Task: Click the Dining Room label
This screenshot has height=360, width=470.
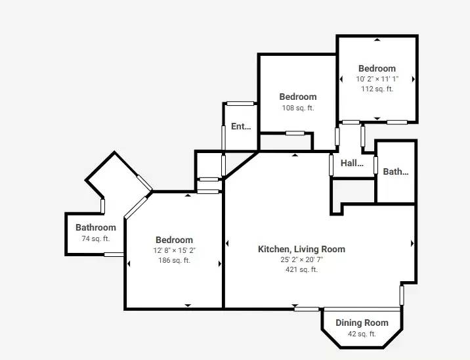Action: click(362, 323)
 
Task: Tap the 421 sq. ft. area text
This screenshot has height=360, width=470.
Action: click(301, 269)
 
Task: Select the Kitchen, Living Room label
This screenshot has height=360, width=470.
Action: click(301, 249)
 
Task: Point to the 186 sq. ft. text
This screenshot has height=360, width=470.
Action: click(174, 260)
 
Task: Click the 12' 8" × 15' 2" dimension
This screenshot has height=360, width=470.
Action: click(175, 250)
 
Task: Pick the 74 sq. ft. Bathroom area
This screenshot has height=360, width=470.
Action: click(96, 239)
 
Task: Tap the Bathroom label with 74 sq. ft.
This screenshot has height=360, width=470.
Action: click(96, 227)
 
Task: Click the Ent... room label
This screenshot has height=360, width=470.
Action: click(241, 126)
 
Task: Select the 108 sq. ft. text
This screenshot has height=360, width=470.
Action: click(298, 108)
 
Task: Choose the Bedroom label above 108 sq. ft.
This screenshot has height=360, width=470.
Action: click(298, 97)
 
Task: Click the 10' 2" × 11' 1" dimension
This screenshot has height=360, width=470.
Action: click(377, 79)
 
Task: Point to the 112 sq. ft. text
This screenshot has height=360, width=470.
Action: click(377, 89)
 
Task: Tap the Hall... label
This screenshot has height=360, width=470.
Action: click(352, 163)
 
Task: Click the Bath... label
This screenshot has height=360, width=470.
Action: click(396, 171)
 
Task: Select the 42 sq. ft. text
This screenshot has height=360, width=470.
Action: click(362, 334)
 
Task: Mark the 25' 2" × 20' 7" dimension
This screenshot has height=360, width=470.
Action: click(301, 259)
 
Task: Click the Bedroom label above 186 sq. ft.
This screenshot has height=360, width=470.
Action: click(174, 240)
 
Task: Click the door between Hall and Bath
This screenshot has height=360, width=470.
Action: click(375, 165)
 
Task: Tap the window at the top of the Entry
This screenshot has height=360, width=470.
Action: click(240, 104)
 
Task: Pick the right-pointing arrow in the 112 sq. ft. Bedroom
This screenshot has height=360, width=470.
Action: click(414, 79)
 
